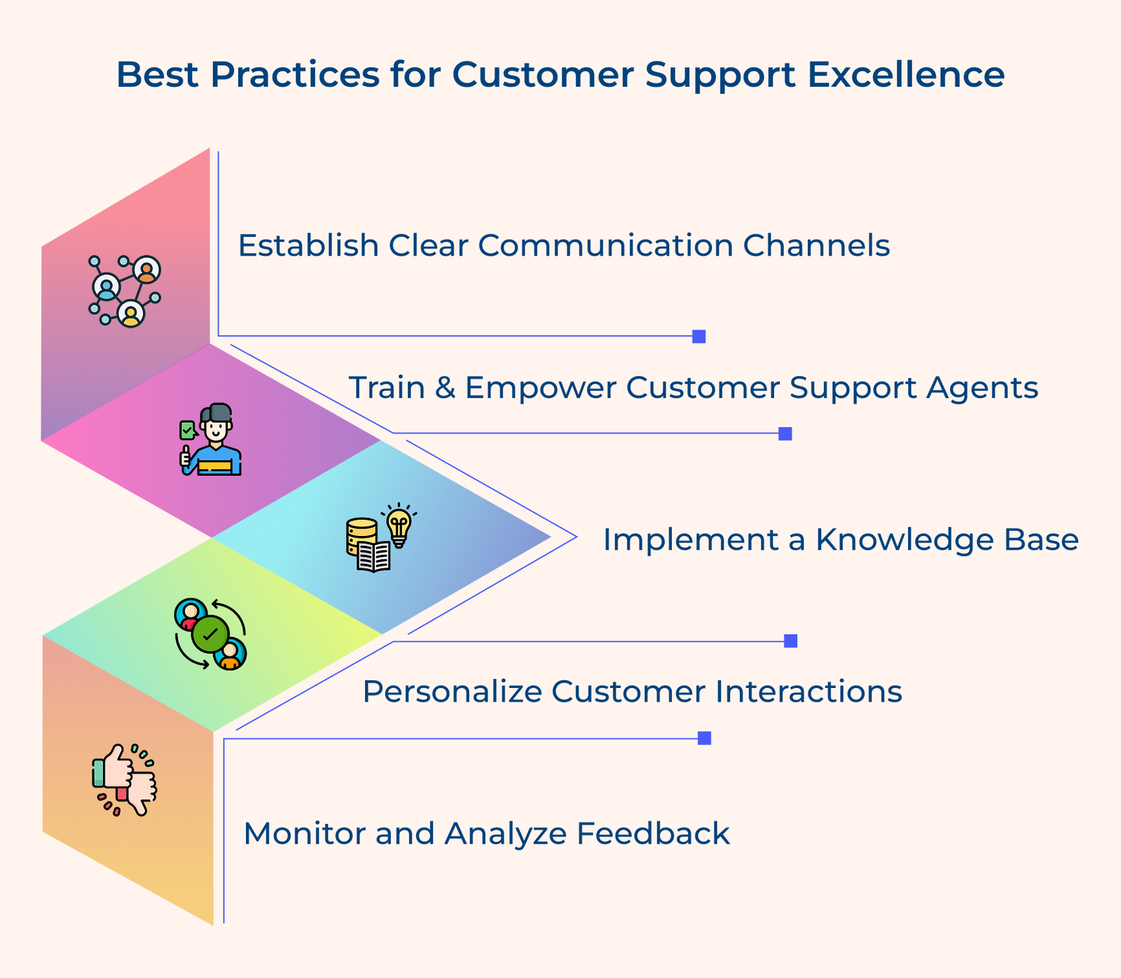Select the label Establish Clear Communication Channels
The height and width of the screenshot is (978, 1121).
[563, 246]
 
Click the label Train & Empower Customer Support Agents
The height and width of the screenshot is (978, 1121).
[693, 387]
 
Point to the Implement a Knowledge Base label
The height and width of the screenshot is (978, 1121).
[840, 540]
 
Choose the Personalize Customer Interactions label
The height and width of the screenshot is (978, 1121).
[632, 692]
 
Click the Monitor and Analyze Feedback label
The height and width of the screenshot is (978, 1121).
[486, 834]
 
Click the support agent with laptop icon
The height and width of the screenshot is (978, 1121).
[211, 441]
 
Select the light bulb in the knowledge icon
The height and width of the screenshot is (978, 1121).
[399, 524]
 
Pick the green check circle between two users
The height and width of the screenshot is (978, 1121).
[210, 634]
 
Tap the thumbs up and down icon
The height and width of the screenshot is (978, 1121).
[125, 779]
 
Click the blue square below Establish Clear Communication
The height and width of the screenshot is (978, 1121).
[699, 336]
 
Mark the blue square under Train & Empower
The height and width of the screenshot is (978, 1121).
[785, 434]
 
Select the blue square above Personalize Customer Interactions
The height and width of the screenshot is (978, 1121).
[790, 641]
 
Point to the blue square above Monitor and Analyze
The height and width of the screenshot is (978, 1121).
[704, 738]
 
